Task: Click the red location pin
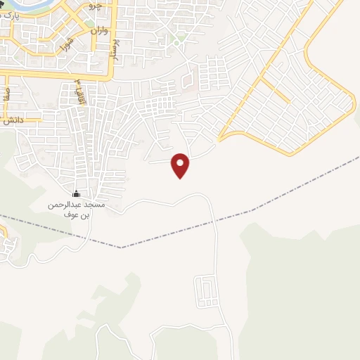coord(181,164)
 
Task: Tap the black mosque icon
coord(77,193)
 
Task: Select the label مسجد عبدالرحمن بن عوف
coord(76,209)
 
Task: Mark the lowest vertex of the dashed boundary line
coord(121,247)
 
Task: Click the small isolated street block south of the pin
coord(205,291)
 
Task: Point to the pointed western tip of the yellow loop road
coord(219,139)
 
